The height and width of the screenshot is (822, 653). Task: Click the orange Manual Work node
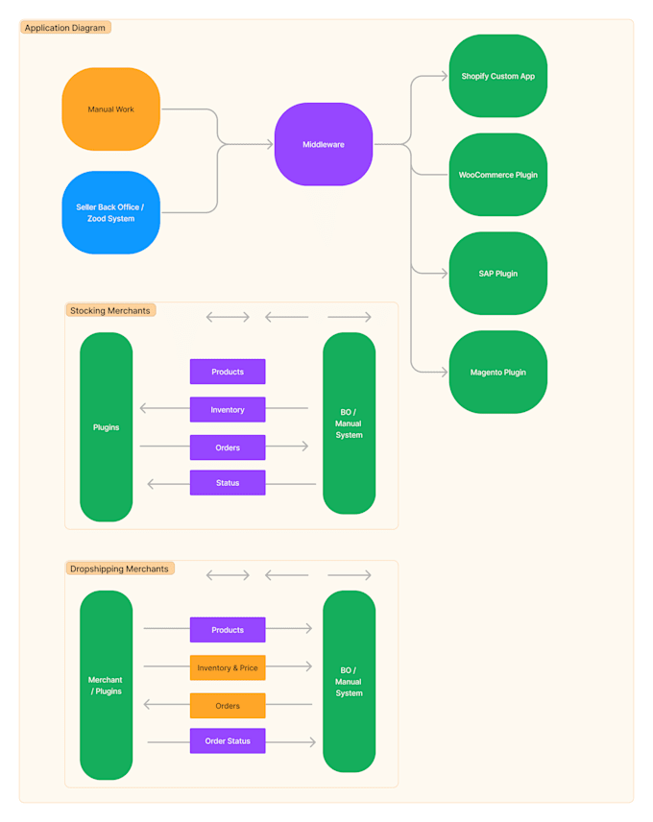pyautogui.click(x=110, y=109)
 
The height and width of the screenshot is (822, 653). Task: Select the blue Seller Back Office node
pyautogui.click(x=110, y=212)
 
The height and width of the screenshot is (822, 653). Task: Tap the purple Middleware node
pyautogui.click(x=324, y=144)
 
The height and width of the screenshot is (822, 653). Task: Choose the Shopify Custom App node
pyautogui.click(x=497, y=76)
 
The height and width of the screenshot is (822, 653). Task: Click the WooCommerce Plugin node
pyautogui.click(x=497, y=175)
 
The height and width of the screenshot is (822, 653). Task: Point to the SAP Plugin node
pyautogui.click(x=497, y=274)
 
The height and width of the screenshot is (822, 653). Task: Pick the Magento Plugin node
pyautogui.click(x=497, y=372)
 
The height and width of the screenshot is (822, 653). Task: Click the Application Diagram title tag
pyautogui.click(x=65, y=28)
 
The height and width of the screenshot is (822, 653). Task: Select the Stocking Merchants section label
pyautogui.click(x=110, y=310)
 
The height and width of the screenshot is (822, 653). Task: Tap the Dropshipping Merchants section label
pyautogui.click(x=119, y=568)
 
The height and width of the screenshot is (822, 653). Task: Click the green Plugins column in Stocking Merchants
pyautogui.click(x=106, y=427)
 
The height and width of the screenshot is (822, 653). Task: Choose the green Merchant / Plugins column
pyautogui.click(x=106, y=685)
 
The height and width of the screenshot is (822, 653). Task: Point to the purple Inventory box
pyautogui.click(x=228, y=410)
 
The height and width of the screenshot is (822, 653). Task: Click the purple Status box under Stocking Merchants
pyautogui.click(x=228, y=483)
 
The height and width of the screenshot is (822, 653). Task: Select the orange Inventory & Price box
pyautogui.click(x=228, y=668)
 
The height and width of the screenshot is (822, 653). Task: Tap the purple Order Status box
pyautogui.click(x=228, y=741)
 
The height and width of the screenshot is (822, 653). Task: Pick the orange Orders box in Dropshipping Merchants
pyautogui.click(x=228, y=706)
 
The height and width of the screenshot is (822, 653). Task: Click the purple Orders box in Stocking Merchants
pyautogui.click(x=228, y=447)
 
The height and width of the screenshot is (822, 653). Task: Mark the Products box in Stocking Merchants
pyautogui.click(x=228, y=372)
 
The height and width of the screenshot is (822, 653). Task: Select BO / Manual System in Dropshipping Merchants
pyautogui.click(x=349, y=681)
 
